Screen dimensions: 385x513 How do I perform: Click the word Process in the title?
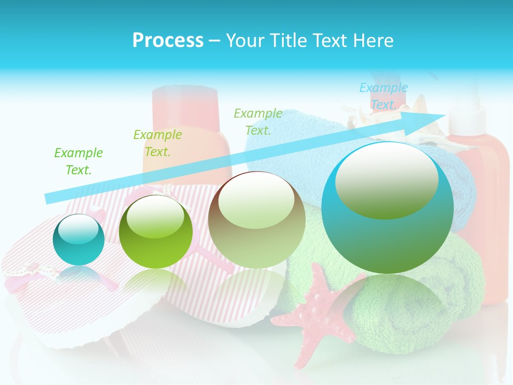168,41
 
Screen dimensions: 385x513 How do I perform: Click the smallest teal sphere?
79,240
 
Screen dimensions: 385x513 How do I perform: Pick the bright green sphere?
156,232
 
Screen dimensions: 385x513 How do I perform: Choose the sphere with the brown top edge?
256,220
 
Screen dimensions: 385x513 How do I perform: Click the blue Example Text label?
383,96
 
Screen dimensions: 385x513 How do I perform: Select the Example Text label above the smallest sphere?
79,161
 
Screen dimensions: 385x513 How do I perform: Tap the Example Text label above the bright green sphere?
158,143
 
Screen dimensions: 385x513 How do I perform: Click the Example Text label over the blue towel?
258,121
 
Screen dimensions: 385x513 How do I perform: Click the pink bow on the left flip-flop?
32,269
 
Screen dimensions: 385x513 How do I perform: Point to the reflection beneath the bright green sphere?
155,283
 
